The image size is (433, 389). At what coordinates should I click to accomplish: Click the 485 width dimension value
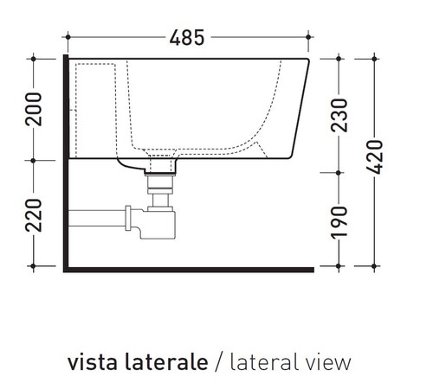(188, 37)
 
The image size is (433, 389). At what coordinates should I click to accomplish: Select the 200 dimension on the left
(34, 109)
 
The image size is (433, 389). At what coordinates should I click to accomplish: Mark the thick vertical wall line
(66, 164)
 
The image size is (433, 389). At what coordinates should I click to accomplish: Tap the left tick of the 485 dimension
(68, 38)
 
